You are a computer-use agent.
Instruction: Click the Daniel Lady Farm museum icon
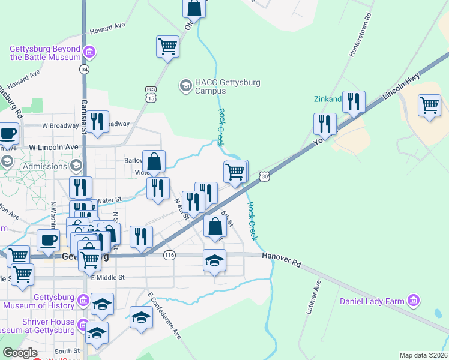point(413,300)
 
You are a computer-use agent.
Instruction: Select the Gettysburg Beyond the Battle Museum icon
point(89,53)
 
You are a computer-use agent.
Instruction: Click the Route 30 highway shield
point(264,176)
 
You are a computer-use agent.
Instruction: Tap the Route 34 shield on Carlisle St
point(84,70)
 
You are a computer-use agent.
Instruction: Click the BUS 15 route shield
point(151,94)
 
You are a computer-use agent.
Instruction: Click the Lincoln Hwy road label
point(403,85)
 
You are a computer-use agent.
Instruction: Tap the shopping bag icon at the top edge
point(194,8)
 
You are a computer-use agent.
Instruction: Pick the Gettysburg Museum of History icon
point(83,300)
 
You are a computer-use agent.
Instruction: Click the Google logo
point(20,353)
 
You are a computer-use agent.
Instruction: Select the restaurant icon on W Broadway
point(97,121)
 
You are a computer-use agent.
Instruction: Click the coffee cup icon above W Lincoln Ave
point(8,133)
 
